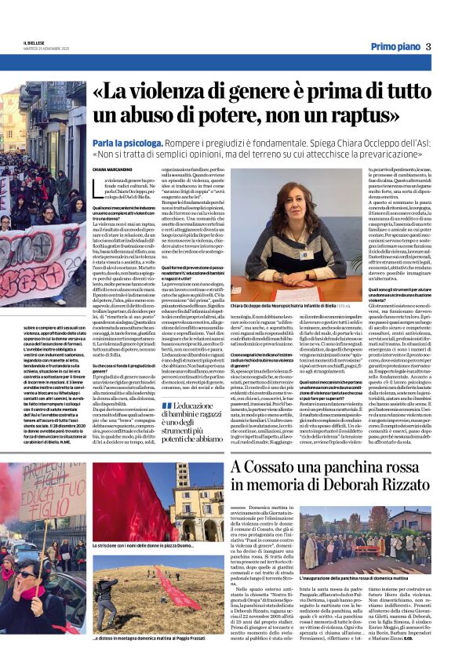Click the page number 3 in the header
(428, 46)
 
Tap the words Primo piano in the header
(395, 46)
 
